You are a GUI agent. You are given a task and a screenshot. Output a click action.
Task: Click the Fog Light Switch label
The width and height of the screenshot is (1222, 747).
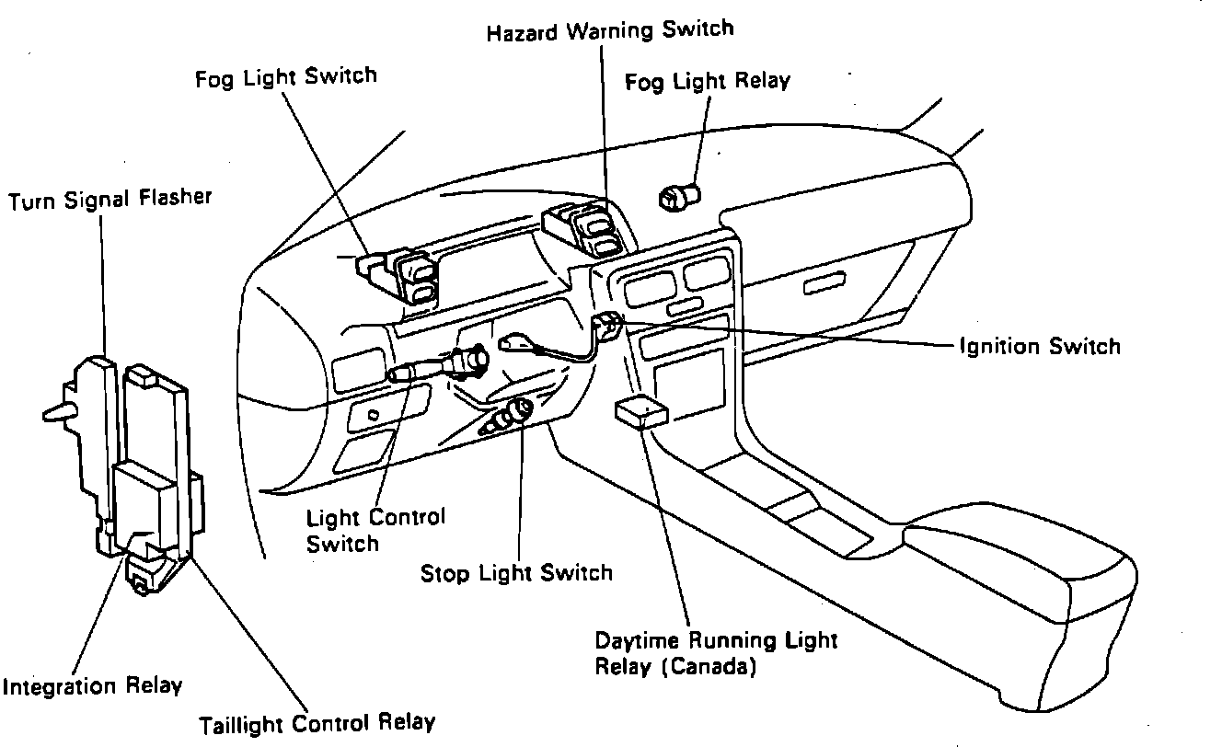click(x=285, y=77)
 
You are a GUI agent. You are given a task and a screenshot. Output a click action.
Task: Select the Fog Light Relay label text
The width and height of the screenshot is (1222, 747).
click(x=707, y=82)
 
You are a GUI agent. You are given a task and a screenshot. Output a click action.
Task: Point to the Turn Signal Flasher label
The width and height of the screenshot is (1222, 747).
click(x=110, y=200)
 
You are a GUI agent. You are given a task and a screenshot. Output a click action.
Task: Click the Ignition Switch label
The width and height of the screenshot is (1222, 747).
click(x=1040, y=347)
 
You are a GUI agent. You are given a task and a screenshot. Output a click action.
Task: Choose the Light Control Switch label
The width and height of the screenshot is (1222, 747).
click(x=375, y=530)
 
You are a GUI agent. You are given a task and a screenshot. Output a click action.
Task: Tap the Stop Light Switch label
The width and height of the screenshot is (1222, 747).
click(x=516, y=573)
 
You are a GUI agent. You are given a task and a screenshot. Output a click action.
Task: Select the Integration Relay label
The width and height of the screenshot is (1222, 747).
click(x=92, y=686)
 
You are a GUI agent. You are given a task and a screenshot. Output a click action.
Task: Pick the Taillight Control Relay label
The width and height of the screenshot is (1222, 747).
click(x=317, y=723)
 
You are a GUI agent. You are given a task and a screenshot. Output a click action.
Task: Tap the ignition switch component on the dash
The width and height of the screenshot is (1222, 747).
click(x=608, y=324)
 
